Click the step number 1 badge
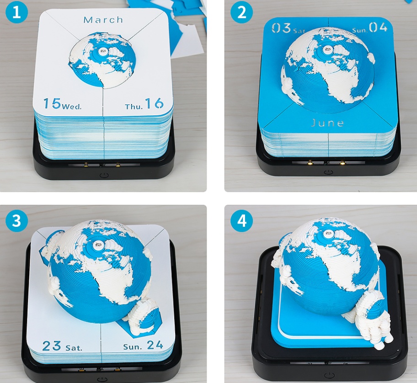pyautogui.click(x=17, y=13)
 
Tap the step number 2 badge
pyautogui.click(x=241, y=13)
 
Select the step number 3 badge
pyautogui.click(x=17, y=221)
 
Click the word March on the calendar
pyautogui.click(x=103, y=20)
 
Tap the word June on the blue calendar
pyautogui.click(x=327, y=123)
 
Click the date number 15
pyautogui.click(x=52, y=104)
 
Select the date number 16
pyautogui.click(x=154, y=104)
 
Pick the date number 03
pyautogui.click(x=281, y=28)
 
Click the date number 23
pyautogui.click(x=52, y=345)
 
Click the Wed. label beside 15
pyautogui.click(x=72, y=106)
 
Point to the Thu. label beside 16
pyautogui.click(x=134, y=106)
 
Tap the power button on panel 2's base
pyautogui.click(x=328, y=172)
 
